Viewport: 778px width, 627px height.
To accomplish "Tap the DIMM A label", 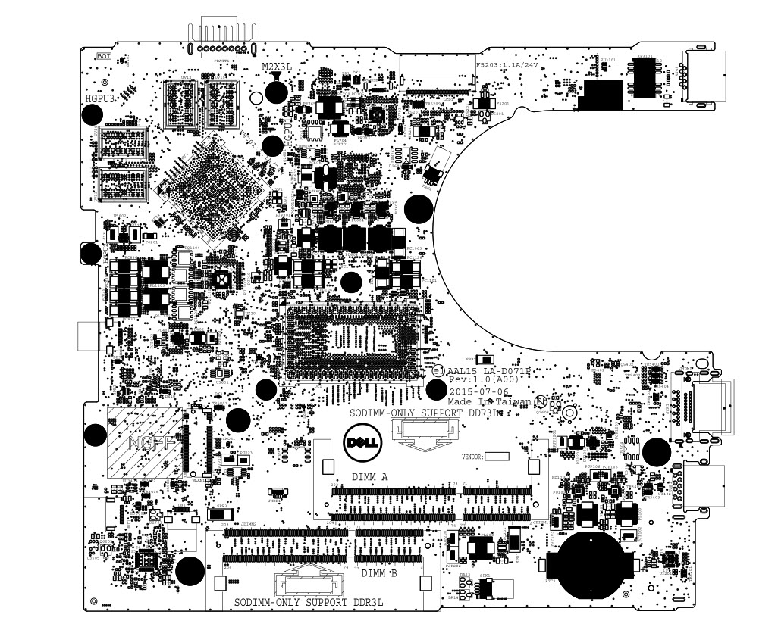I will [x=370, y=477].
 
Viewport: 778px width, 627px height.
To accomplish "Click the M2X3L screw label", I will [x=277, y=67].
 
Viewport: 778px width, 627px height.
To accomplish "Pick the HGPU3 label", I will [x=100, y=99].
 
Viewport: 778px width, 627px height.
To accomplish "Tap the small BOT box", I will [x=103, y=56].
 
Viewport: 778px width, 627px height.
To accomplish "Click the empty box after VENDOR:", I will [x=497, y=457].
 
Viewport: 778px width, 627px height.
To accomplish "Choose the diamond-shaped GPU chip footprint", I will [x=209, y=189].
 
